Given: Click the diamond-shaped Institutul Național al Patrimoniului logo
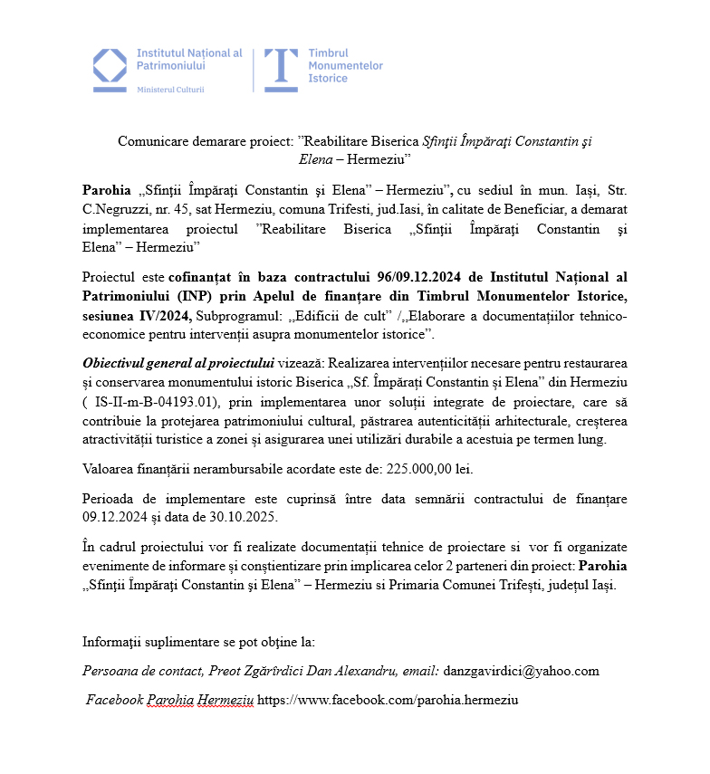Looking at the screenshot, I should [110, 66].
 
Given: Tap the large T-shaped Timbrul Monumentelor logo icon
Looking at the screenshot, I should [281, 66].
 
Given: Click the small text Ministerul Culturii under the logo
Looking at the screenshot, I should [170, 90].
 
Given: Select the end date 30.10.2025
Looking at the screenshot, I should [248, 517].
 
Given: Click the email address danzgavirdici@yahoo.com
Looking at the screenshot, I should [522, 671].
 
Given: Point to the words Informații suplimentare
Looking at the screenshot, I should [153, 642].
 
